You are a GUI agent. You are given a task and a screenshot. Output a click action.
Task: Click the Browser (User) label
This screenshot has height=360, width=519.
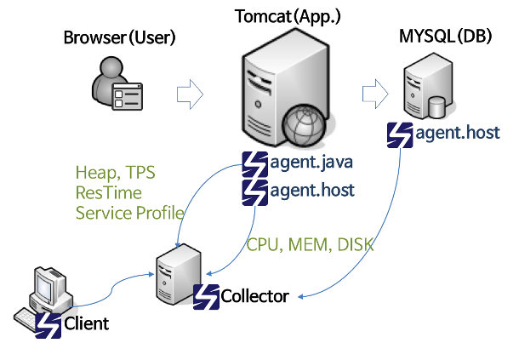click(119, 37)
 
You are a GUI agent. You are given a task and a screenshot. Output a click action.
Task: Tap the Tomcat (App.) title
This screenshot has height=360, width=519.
click(288, 16)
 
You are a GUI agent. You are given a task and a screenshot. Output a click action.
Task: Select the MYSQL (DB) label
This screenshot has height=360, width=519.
click(446, 36)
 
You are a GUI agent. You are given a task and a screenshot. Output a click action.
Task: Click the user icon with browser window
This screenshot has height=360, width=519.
click(117, 83)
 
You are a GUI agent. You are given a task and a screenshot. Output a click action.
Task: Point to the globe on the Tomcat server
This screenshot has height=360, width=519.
click(304, 125)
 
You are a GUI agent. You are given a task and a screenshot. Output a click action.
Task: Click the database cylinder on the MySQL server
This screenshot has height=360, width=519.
click(436, 107)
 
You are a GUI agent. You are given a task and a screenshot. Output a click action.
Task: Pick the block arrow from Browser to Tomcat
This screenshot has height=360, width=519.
click(190, 94)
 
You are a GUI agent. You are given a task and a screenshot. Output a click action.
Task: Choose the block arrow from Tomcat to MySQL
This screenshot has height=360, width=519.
click(375, 94)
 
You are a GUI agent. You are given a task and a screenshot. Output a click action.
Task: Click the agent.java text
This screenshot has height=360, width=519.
click(311, 163)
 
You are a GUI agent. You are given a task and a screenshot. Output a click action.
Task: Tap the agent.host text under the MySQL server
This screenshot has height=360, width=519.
click(458, 133)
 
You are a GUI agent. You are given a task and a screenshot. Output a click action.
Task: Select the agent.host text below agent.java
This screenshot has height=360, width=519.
click(312, 191)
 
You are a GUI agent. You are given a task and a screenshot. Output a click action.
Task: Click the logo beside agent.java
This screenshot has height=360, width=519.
click(255, 164)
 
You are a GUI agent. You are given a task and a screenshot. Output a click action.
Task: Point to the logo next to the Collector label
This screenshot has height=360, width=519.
click(206, 297)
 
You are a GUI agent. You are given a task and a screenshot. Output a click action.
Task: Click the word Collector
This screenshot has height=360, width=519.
click(255, 296)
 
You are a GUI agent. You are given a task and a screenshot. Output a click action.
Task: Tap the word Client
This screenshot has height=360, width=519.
click(87, 323)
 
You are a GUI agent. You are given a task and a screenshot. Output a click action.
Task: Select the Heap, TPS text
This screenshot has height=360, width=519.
click(115, 173)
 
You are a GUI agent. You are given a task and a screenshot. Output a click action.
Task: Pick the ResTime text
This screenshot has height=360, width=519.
click(109, 192)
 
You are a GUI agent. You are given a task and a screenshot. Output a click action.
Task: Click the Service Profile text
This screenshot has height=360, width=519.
click(129, 213)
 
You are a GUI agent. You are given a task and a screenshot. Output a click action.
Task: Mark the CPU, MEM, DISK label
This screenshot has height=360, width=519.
click(311, 245)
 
